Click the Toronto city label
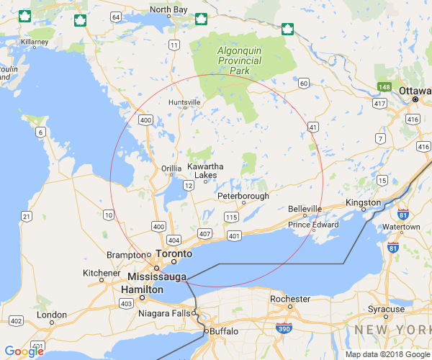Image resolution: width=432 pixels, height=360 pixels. coord(176,254)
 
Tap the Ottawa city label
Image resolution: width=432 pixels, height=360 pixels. coord(415,91)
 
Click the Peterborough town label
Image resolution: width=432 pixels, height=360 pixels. coord(243,196)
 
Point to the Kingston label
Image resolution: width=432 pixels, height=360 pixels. coord(363,203)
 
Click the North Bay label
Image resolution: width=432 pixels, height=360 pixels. coord(168,10)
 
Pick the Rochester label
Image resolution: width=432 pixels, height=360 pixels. coord(290,299)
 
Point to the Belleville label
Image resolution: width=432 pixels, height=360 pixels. coord(305,209)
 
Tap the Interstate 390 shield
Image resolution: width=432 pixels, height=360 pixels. coord(284,328)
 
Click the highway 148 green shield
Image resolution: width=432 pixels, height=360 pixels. coord(384,87)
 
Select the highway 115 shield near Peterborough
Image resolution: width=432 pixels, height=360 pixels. coord(231,217)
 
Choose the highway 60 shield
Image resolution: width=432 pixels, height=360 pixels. coord(304,84)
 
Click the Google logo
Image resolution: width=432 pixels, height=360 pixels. coord(24,351)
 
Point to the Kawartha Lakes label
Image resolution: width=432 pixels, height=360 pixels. coord(206,171)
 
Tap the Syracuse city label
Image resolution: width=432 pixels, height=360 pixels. coord(386,309)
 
